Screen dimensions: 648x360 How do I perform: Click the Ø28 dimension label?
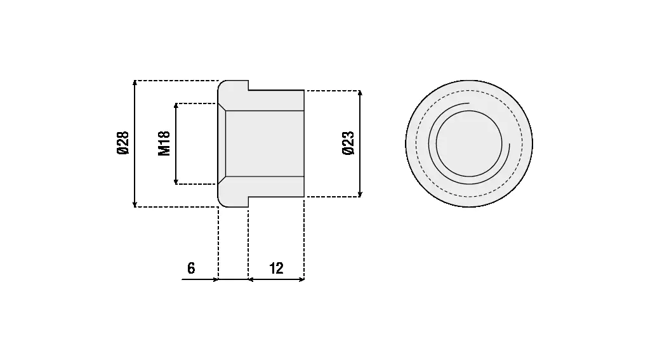point(123,143)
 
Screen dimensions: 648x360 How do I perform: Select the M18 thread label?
point(164,143)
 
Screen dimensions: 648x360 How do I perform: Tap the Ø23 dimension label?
point(348,143)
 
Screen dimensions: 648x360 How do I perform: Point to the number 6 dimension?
point(191,268)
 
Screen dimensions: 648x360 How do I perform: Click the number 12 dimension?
point(277,268)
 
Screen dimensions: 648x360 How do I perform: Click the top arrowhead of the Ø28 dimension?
point(135,83)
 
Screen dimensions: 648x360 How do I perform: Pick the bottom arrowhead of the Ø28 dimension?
point(135,204)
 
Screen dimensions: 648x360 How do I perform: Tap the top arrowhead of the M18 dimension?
point(176,106)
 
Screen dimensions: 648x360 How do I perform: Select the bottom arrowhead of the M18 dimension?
point(176,182)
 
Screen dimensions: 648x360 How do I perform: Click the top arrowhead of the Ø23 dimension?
point(360,93)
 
